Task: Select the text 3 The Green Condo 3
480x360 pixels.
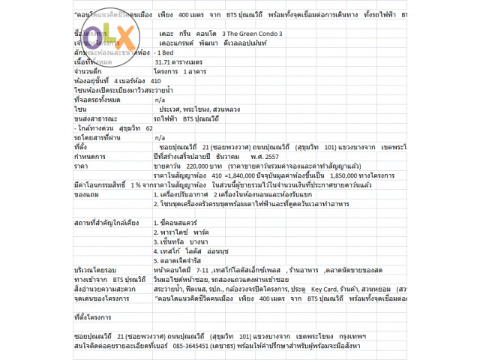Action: [249, 34]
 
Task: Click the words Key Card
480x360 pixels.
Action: [350, 288]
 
